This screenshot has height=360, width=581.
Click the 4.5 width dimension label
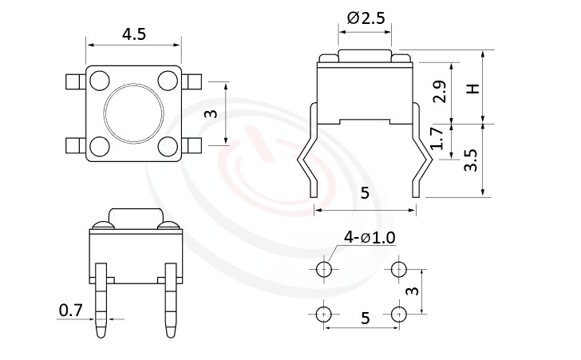pyautogui.click(x=134, y=34)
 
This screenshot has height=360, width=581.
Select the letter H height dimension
pyautogui.click(x=474, y=89)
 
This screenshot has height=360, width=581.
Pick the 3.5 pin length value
pyautogui.click(x=472, y=160)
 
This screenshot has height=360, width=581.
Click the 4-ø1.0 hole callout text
pyautogui.click(x=370, y=237)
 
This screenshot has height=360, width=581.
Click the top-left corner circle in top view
pyautogui.click(x=100, y=80)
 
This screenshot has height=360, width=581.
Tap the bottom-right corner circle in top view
pyautogui.click(x=168, y=145)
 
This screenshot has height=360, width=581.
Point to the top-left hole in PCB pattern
pyautogui.click(x=324, y=270)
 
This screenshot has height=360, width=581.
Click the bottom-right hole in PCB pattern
pyautogui.click(x=399, y=314)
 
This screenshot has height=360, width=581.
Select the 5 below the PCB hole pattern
pyautogui.click(x=366, y=318)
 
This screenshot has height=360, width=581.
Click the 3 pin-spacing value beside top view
pyautogui.click(x=211, y=113)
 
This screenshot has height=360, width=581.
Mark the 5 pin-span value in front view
pyautogui.click(x=366, y=194)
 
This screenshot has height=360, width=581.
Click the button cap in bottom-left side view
pyautogui.click(x=135, y=216)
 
